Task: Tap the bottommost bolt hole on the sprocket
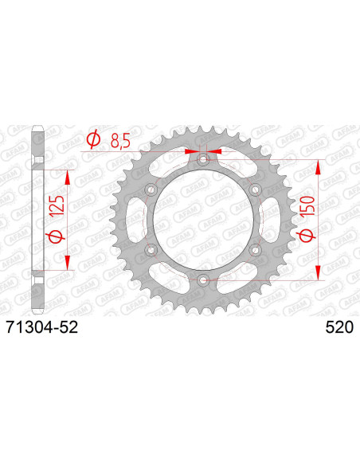[202, 279]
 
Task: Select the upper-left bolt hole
[151, 190]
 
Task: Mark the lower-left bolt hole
[151, 250]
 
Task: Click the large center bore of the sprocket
[202, 221]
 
